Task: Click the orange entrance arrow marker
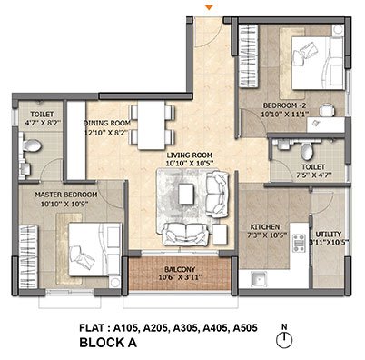point(209,7)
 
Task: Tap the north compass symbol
point(284,339)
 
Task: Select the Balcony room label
point(180,269)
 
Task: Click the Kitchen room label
point(265,227)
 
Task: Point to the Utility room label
point(329,235)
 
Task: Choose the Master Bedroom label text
point(66,195)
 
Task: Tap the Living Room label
point(190,155)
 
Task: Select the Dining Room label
point(107,123)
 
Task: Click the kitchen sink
point(259,279)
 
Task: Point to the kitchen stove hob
point(299,242)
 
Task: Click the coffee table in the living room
point(185,195)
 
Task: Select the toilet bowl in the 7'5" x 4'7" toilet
point(307,151)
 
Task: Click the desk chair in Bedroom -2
point(328,110)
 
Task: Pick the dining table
point(152,125)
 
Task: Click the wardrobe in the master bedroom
point(28,256)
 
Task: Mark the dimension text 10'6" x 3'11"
point(181,277)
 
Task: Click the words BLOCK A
point(108,343)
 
